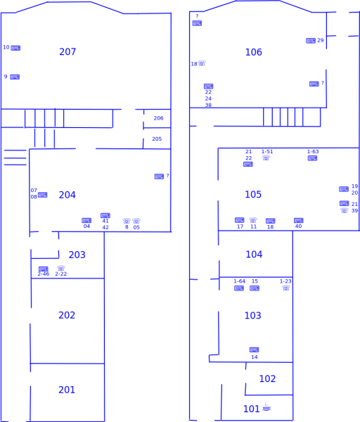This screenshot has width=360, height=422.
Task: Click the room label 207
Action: (67, 52)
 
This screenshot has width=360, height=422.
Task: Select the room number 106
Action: (253, 53)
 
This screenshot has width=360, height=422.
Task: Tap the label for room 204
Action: (67, 195)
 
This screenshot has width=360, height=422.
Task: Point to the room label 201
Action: (67, 390)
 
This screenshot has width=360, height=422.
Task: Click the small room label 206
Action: (158, 118)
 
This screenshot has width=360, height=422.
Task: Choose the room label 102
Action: (267, 379)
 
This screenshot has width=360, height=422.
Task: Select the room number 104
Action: (254, 255)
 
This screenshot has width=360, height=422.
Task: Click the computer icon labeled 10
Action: (15, 48)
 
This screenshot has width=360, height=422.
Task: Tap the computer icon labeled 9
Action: (15, 77)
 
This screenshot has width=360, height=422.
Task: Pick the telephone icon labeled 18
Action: (202, 63)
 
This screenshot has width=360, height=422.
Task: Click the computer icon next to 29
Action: (310, 41)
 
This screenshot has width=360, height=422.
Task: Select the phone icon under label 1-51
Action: (266, 158)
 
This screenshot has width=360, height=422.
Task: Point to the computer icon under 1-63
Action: (312, 158)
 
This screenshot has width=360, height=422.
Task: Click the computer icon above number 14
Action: (254, 350)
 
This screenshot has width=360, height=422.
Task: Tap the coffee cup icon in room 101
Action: (266, 408)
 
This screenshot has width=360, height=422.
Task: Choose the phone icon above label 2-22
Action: (61, 268)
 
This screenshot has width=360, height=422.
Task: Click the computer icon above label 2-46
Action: (43, 269)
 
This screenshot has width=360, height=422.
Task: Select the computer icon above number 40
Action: (298, 220)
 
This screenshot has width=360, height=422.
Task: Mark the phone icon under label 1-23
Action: (285, 288)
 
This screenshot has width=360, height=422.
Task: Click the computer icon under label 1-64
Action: (239, 288)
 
